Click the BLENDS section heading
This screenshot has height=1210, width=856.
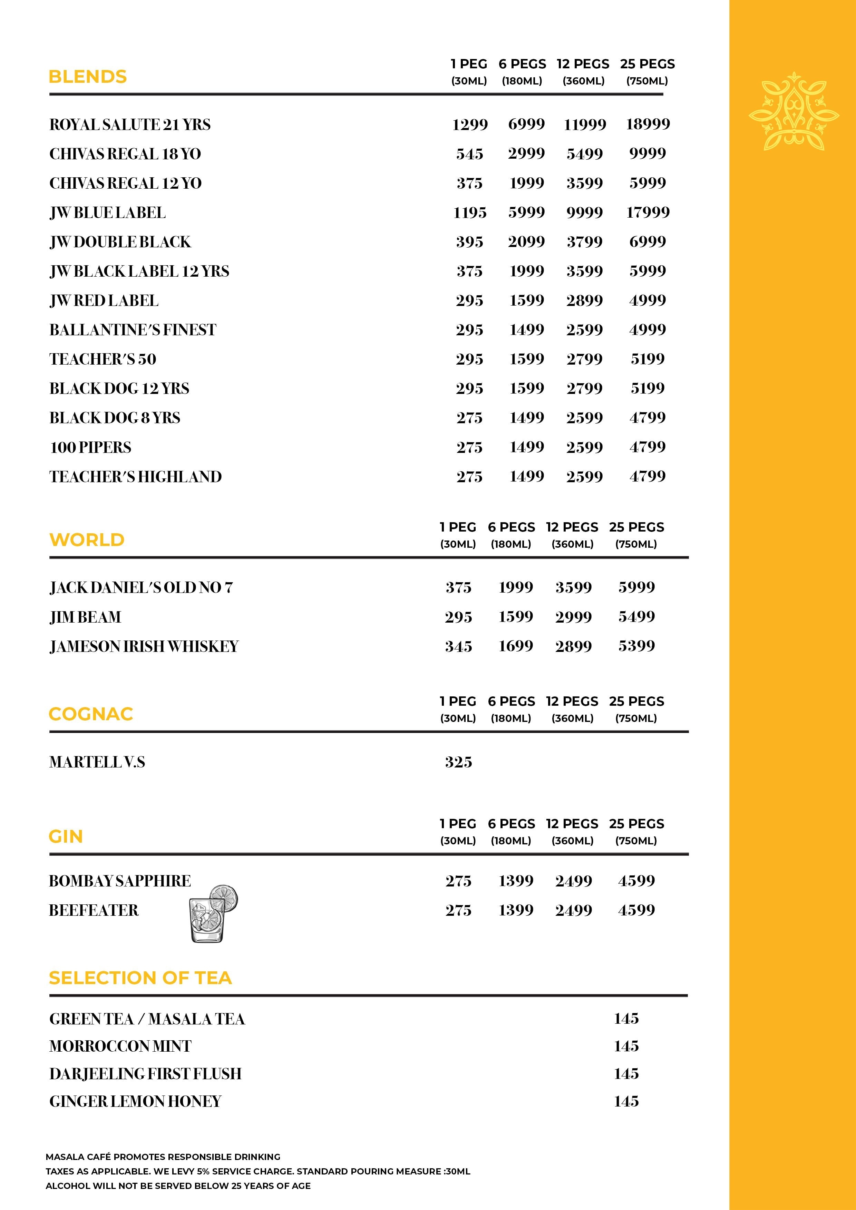[88, 77]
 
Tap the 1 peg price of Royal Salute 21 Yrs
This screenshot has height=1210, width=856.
[469, 125]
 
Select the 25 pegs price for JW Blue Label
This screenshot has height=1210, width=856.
[647, 213]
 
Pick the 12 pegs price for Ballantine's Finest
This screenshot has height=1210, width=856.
[584, 330]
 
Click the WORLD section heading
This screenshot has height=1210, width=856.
[87, 540]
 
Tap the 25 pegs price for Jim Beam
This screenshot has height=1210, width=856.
[636, 617]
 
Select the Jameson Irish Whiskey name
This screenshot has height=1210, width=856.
[144, 647]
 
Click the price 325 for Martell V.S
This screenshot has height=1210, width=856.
[458, 762]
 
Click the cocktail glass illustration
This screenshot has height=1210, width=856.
[213, 914]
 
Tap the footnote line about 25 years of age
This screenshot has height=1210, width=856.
[178, 1186]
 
